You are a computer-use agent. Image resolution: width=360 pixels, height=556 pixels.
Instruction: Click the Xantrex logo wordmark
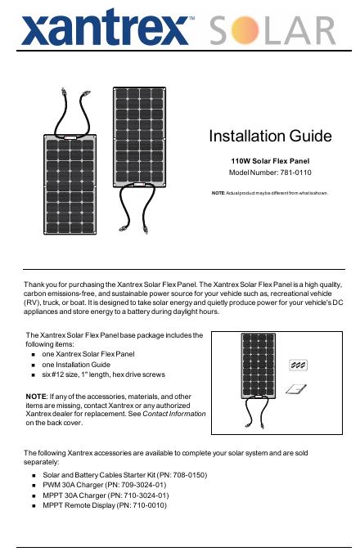(105, 27)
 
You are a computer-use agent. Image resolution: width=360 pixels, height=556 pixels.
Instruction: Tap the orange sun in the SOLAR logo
(245, 30)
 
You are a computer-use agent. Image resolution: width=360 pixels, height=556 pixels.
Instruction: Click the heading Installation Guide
(270, 137)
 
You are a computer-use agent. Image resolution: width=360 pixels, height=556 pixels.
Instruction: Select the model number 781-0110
(295, 173)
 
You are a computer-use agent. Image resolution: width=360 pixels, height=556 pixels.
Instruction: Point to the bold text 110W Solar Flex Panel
(270, 161)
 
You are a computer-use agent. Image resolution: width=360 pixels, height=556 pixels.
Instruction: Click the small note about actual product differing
(270, 193)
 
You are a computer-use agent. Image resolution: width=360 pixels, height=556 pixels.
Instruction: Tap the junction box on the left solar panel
(70, 137)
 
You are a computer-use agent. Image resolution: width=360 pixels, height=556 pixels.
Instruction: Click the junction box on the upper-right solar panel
(139, 185)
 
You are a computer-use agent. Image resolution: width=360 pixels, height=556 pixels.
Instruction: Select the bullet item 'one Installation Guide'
(76, 365)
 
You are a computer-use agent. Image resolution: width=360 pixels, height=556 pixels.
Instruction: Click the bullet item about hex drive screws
(103, 374)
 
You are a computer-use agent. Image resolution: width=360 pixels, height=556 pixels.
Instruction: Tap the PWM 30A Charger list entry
(104, 485)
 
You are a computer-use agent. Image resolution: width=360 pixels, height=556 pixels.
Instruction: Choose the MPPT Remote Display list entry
(104, 505)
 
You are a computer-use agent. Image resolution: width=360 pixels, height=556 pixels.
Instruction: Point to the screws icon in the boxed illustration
(299, 365)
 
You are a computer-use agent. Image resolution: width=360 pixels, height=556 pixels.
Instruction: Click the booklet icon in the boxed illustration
(296, 389)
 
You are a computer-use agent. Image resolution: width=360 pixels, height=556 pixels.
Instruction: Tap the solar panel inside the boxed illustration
(259, 365)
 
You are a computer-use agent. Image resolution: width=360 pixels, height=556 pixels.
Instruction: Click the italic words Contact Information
(173, 414)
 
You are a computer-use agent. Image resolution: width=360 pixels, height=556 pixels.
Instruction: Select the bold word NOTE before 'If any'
(36, 397)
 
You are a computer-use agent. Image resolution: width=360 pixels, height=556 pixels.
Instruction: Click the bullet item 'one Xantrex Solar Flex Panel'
(88, 354)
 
